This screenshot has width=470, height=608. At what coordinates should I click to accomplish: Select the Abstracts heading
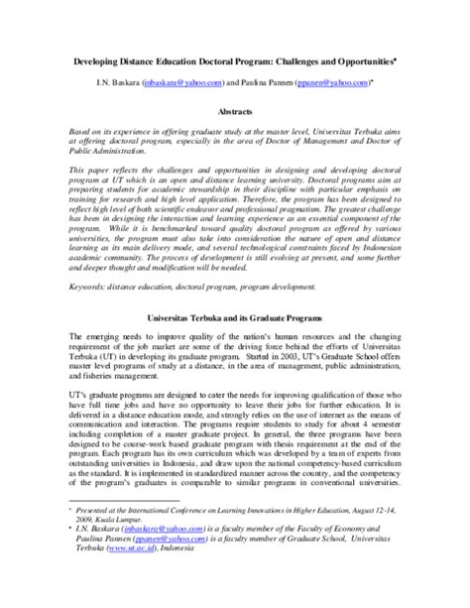coord(235,112)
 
